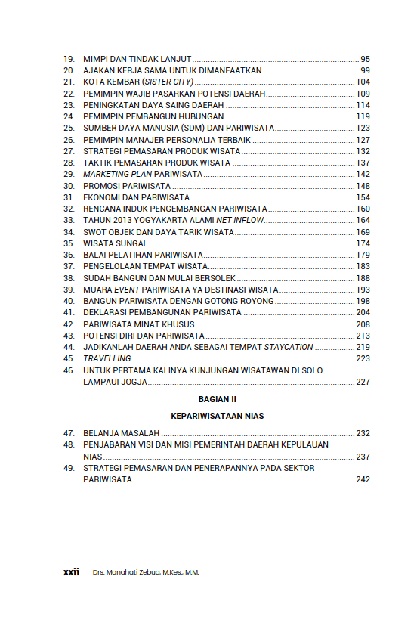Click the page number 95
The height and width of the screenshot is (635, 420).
pos(365,58)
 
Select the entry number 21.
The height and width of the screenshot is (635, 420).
pos(69,82)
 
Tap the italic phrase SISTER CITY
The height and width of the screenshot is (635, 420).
pos(168,82)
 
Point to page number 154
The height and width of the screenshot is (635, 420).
pos(363,197)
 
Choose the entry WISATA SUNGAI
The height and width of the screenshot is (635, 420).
pos(113,243)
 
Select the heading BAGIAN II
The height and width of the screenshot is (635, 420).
pos(218,398)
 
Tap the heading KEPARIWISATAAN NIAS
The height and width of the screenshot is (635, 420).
pos(217,416)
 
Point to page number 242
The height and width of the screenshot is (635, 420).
pos(363,479)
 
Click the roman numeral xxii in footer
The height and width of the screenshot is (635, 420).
pos(72,572)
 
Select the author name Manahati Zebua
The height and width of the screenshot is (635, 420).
pos(133,572)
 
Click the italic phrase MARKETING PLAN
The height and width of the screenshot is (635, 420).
pos(117,174)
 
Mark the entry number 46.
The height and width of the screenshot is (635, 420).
pos(69,370)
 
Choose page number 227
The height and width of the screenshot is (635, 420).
pos(363,382)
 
